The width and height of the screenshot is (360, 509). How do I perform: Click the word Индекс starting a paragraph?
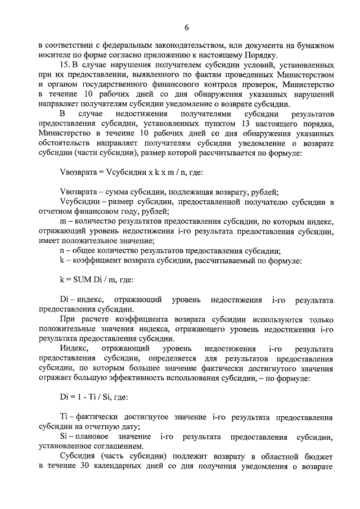pyautogui.click(x=73, y=349)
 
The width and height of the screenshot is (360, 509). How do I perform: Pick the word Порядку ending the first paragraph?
pyautogui.click(x=259, y=55)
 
